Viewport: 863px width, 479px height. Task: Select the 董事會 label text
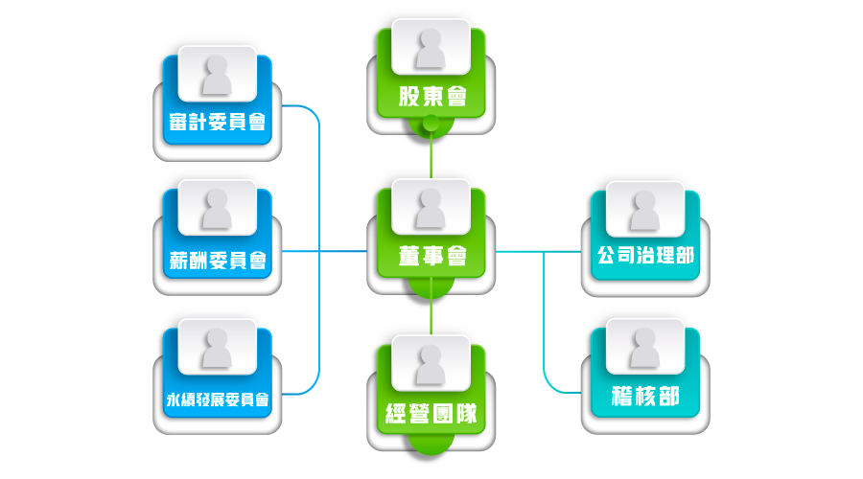(x=431, y=256)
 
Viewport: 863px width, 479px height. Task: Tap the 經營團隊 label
(x=431, y=415)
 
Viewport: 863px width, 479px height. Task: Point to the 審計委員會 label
(x=217, y=122)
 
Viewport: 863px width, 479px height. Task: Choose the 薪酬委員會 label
(x=217, y=260)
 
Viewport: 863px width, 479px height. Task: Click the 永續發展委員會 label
(x=217, y=398)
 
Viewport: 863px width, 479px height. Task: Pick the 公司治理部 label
(x=644, y=256)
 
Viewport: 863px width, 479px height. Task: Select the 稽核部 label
(x=644, y=396)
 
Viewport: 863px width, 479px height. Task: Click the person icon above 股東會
(x=431, y=46)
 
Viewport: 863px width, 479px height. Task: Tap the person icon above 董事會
(x=431, y=206)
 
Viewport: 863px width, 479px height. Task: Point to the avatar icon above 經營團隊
(x=431, y=362)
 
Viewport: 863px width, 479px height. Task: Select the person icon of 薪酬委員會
(x=217, y=208)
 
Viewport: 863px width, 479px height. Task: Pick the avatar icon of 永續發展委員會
(x=217, y=346)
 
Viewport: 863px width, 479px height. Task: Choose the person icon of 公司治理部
(x=644, y=206)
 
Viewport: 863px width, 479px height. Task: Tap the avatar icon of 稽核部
(x=644, y=346)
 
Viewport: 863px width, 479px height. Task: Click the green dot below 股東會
(x=431, y=123)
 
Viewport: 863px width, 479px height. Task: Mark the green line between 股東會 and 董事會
(x=431, y=153)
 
